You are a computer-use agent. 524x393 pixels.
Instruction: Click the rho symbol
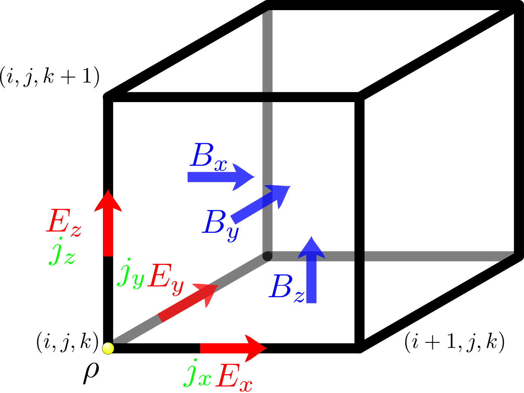pos(91,372)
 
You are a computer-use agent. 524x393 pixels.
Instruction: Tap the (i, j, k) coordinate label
pos(67,343)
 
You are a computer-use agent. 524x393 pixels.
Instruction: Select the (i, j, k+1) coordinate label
pos(50,77)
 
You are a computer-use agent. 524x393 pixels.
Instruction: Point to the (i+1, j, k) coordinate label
pos(454,343)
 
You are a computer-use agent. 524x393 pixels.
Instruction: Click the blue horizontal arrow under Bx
pos(221,177)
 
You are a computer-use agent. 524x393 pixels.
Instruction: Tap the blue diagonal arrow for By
pos(260,204)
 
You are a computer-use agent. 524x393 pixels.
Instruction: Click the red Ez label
pos(64,223)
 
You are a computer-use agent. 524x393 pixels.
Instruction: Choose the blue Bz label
pos(287,288)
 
